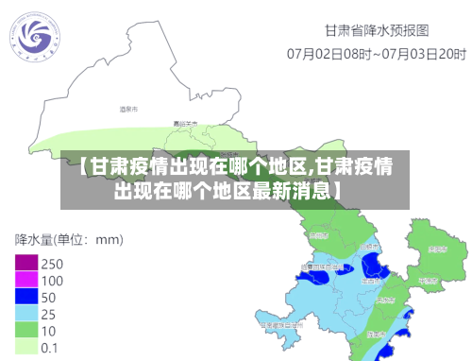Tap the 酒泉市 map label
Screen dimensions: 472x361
pyautogui.click(x=129, y=110)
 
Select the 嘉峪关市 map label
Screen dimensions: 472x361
pyautogui.click(x=185, y=124)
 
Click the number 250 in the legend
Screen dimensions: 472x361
pyautogui.click(x=53, y=263)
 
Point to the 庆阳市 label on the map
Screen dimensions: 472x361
pyautogui.click(x=437, y=249)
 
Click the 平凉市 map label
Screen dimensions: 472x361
pyautogui.click(x=428, y=281)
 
